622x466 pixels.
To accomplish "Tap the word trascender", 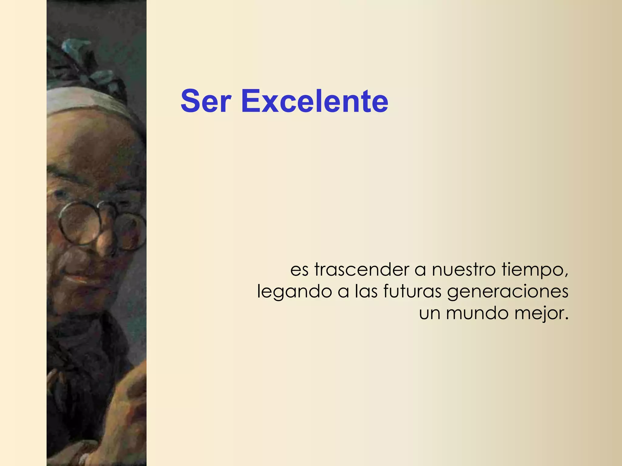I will coord(362,269).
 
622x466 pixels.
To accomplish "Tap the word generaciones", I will coord(508,292).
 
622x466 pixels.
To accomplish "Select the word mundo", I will coord(477,313).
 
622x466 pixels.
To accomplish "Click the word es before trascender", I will coord(299,270).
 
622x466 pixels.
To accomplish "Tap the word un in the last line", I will coord(429,314).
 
